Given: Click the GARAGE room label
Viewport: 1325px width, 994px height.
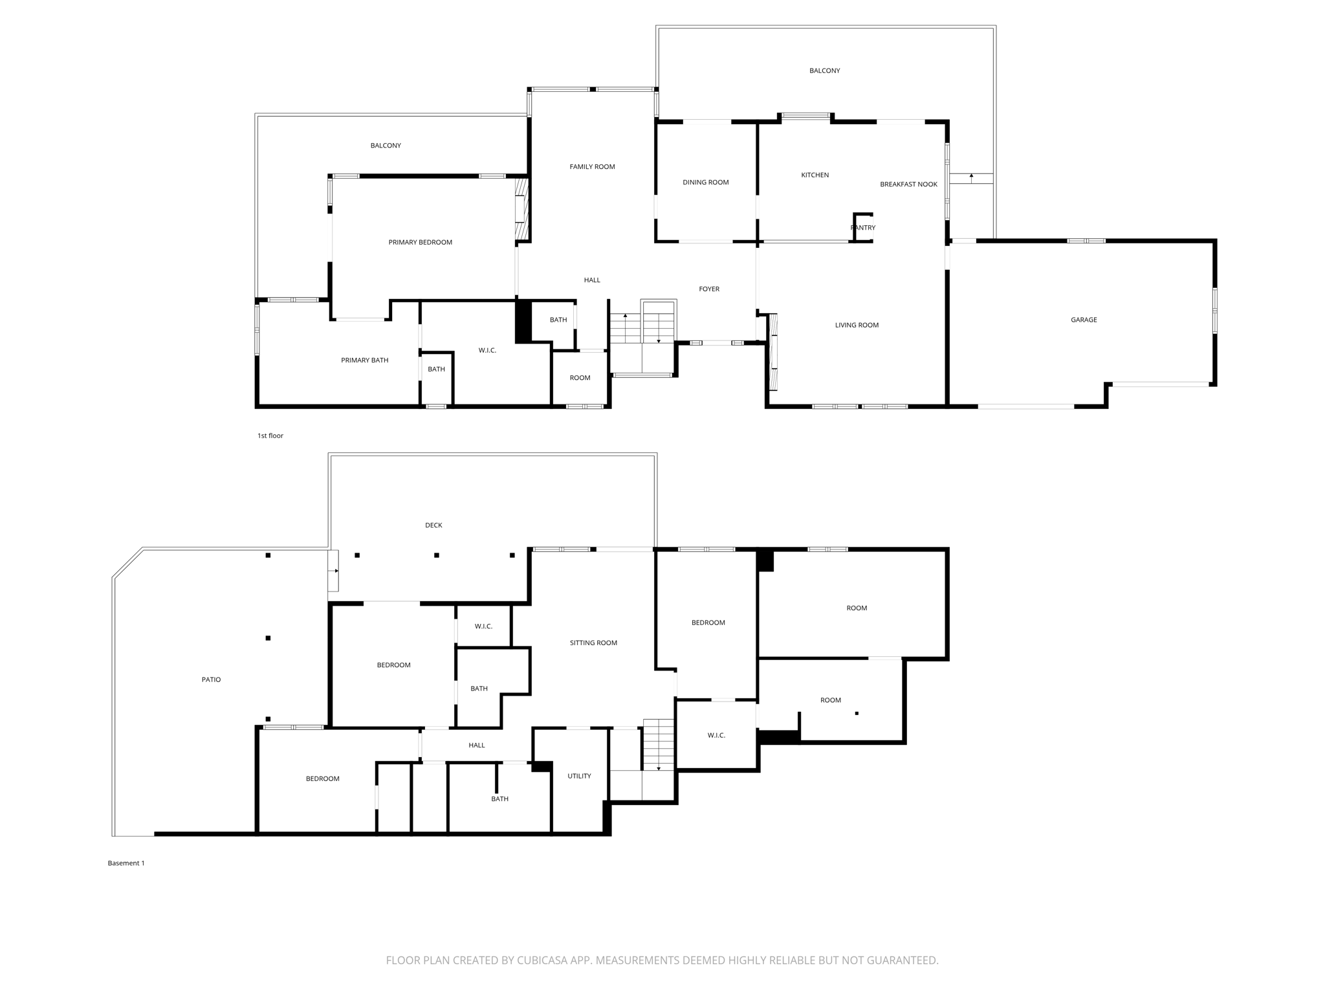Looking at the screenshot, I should pos(1084,320).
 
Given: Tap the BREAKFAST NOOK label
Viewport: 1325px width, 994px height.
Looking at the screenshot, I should pos(908,184).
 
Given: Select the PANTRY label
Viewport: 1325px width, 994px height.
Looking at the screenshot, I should pos(863,228).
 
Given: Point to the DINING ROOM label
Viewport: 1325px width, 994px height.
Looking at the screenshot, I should pos(705,182).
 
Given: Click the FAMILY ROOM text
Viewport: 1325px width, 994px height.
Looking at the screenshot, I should pos(592,167).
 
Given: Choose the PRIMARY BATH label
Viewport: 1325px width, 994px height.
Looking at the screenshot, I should pos(364,360).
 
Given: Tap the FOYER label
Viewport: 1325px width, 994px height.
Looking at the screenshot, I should pos(709,289).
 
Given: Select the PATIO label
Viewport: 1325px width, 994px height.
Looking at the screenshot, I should pos(211,679).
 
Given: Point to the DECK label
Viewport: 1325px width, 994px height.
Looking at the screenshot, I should pos(433,525).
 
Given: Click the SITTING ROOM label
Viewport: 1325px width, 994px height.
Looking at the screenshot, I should pos(593,643).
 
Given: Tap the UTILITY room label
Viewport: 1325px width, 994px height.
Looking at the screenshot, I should pos(579,776).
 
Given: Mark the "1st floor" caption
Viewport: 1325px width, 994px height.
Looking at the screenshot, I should pos(270,436).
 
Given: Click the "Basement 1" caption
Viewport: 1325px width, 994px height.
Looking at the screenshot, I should pos(126,863).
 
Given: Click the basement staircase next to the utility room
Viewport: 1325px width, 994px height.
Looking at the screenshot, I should pos(659,744).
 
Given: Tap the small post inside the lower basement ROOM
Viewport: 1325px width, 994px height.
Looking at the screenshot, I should pos(857,714).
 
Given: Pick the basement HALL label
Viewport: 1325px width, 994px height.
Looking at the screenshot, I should pos(477,745).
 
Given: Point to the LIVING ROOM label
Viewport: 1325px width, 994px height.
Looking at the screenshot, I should pos(857,326).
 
